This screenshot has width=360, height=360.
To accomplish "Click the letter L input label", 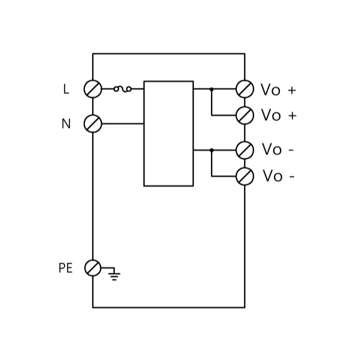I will (66, 89).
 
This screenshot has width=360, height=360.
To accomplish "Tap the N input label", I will (66, 124).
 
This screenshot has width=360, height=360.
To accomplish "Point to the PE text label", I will (65, 268).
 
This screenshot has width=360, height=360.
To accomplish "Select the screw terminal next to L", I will (93, 89).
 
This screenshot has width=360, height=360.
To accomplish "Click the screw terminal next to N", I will (93, 124).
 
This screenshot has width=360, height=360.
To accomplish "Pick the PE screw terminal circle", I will (93, 268).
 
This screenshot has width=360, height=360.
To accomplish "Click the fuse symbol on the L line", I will (123, 89).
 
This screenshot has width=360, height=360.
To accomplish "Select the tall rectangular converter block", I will (168, 133).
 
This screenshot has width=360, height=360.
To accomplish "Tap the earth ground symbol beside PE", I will (114, 274).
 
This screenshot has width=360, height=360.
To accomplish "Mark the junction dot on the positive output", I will (212, 89).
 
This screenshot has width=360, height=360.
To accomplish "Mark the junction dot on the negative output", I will (212, 150).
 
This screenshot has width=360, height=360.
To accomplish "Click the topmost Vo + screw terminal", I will (245, 89).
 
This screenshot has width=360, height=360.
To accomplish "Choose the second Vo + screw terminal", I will (245, 115).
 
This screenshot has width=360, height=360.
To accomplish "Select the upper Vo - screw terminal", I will (245, 150).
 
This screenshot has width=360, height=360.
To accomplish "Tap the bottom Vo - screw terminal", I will (245, 176).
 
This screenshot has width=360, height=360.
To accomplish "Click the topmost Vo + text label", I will (278, 90).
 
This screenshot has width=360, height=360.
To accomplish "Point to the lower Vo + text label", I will (278, 115).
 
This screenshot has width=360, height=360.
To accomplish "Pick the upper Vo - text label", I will (277, 150).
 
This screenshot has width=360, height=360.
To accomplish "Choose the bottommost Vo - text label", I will (278, 176).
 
